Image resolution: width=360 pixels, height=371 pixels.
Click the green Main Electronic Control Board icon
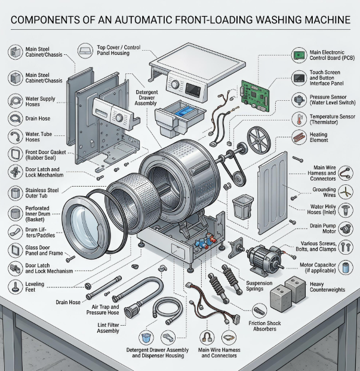pos(299,55)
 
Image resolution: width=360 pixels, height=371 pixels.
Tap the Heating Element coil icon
pos(299,137)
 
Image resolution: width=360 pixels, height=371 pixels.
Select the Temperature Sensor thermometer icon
pos(299,119)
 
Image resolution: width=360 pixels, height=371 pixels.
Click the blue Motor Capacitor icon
pos(346,268)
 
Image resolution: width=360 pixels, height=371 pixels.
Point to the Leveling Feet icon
pos(16,287)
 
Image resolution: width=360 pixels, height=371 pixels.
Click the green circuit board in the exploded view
pos(255,95)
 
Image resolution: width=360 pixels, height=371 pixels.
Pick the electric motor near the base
pos(265,259)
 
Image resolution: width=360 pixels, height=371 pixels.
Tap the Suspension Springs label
pos(259,286)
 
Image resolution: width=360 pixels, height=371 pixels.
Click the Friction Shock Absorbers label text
pos(264,326)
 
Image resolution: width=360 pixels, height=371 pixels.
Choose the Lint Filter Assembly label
pos(108,328)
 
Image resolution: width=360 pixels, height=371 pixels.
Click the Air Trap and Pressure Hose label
pos(103,310)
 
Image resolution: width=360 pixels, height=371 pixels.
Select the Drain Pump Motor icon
pos(346,229)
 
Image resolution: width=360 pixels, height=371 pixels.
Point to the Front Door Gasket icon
pos(16,154)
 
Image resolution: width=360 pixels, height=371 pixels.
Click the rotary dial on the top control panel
pos(175,84)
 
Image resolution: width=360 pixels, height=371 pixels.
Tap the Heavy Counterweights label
pos(327,287)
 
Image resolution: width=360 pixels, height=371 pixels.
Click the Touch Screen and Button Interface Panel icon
pos(299,78)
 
